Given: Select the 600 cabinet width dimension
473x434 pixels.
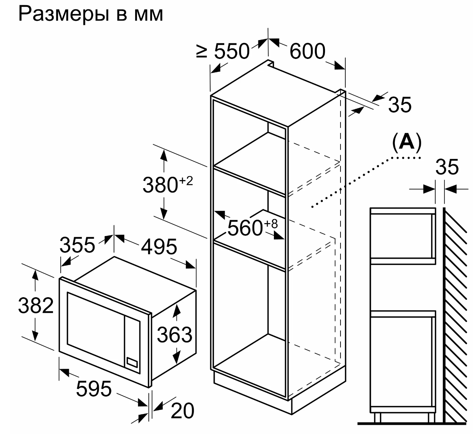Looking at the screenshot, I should coord(307,51).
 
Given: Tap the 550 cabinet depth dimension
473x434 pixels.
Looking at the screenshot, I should coord(232,51).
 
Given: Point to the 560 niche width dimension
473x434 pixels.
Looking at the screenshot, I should coord(245,228).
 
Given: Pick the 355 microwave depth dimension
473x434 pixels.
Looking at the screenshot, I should coord(77,245).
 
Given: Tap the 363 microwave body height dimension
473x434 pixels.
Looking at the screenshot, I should coord(174,335).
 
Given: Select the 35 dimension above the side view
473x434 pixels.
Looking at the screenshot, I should coord(447,167).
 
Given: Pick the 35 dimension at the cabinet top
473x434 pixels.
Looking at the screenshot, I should coord(399,105).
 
